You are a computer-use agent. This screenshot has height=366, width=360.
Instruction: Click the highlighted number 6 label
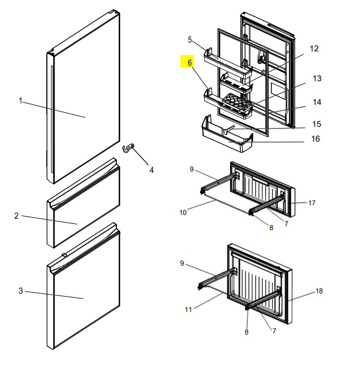pos(190,63)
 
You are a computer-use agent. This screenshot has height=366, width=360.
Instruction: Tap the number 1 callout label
pos(20,101)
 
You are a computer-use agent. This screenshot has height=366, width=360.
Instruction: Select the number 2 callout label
pos(16,215)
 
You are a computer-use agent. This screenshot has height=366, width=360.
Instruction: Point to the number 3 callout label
pos(20,291)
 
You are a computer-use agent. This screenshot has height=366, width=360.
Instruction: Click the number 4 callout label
pos(152,170)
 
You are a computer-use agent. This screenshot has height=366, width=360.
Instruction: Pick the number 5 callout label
pos(190,40)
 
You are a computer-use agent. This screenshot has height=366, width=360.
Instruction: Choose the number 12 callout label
pos(314,48)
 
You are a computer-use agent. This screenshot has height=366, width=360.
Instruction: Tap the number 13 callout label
pos(317,78)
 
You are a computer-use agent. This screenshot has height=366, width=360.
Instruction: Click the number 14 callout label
pos(317,102)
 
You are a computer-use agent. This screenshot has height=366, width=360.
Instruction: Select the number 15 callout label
pos(317,124)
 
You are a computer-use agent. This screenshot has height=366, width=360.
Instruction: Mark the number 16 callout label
pos(315,139)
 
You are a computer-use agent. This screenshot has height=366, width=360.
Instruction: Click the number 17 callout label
pos(312,203)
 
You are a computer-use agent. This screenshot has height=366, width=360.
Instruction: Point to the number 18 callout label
pos(319,291)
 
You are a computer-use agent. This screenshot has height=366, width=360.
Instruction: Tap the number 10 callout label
pos(183,213)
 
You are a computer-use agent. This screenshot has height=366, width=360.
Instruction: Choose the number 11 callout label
pos(188,310)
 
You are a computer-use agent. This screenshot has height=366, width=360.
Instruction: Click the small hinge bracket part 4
pos(128,148)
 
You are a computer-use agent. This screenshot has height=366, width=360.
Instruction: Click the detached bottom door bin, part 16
pos(227,134)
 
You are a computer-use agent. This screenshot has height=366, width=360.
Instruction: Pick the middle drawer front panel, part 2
pos(84,203)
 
